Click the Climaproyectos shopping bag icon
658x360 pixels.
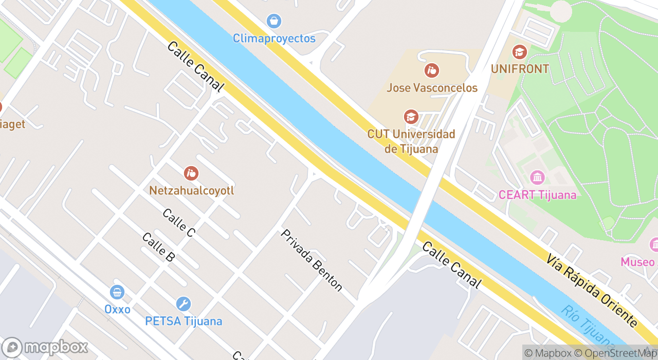[274, 21]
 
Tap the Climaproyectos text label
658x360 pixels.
[274, 39]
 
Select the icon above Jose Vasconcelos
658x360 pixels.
[432, 70]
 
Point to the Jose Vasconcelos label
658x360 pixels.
[432, 88]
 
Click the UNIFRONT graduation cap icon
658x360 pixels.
[520, 52]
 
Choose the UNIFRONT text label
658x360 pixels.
[520, 69]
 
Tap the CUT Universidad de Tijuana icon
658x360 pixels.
[411, 117]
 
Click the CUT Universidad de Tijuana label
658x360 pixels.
[411, 141]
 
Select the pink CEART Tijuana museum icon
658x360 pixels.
[537, 178]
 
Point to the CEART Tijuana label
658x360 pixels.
[537, 195]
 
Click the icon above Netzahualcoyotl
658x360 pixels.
[191, 173]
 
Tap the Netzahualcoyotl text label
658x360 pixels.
[191, 190]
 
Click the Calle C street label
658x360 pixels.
[178, 223]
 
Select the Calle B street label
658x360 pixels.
[158, 247]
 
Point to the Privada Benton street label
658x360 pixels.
[312, 260]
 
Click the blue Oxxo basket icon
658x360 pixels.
[117, 293]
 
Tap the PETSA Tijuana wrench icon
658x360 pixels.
[183, 304]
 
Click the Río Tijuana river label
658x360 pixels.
[588, 327]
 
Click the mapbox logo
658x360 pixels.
[45, 347]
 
